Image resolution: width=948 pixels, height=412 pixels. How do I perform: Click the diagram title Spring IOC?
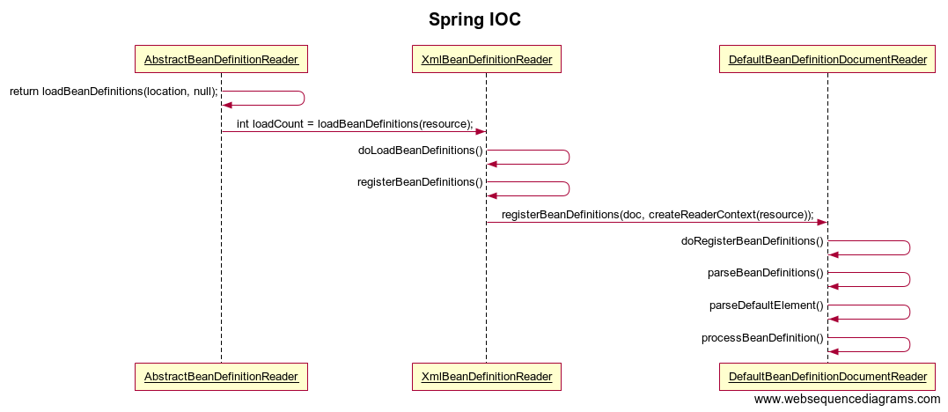pos(474,19)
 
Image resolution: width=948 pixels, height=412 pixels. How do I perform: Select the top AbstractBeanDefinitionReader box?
pos(221,59)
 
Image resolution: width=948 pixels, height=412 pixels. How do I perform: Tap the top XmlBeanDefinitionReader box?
pos(487,59)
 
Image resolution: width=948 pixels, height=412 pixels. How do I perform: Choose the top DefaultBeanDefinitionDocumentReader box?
pos(827,59)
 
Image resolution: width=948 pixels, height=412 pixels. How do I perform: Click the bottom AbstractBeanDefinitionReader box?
pos(221,377)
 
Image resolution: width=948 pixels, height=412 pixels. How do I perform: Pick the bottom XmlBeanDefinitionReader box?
pos(487,377)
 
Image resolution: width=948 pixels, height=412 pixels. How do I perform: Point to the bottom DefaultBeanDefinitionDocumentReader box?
pos(827,377)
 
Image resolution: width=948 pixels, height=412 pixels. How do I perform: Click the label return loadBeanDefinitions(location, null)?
pos(114,92)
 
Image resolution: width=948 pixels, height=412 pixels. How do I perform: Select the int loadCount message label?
pos(355,124)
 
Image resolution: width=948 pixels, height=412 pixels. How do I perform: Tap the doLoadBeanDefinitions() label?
pos(421,151)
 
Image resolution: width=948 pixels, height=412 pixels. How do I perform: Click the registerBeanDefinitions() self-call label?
pos(420,182)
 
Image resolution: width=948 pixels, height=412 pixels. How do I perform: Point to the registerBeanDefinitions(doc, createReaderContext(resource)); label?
pos(658,215)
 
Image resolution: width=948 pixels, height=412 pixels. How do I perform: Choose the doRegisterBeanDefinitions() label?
pos(753,241)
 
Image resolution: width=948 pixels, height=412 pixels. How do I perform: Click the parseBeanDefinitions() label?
pos(766,273)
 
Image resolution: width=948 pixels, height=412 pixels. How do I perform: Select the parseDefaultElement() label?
pos(767,305)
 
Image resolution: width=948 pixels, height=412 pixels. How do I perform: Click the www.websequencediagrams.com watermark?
pos(847,400)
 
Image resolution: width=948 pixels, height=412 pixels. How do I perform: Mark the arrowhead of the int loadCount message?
pos(481,132)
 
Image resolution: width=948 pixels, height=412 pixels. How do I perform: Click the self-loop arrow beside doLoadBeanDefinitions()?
pos(570,158)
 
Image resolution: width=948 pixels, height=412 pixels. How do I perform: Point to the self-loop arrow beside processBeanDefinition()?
pos(910,345)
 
